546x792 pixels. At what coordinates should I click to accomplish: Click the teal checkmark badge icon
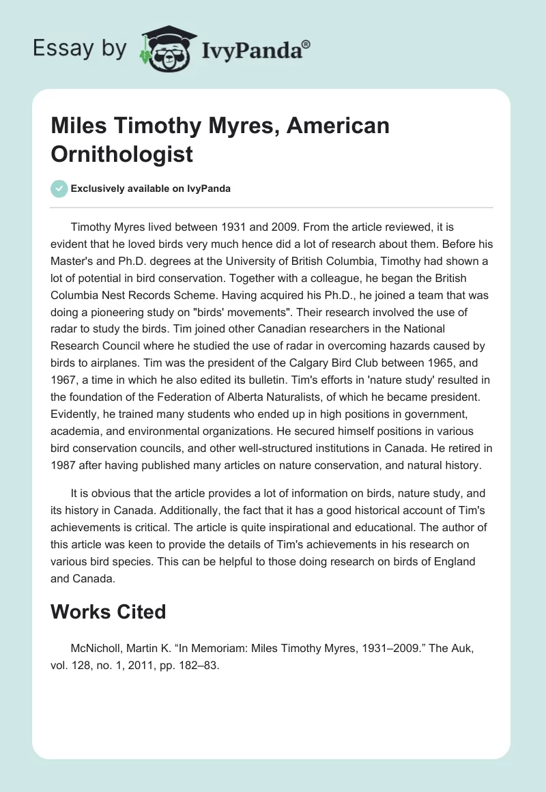click(59, 188)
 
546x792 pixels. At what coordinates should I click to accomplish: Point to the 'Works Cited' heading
click(108, 612)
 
